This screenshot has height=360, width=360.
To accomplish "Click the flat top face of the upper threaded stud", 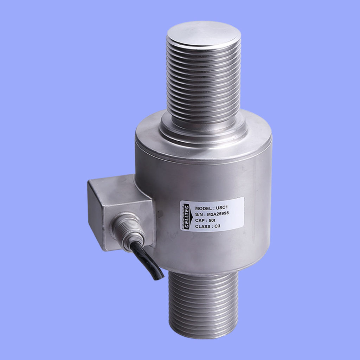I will (204, 33).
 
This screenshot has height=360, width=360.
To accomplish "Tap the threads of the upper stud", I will (204, 81).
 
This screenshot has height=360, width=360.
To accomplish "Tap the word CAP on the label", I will (199, 221).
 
